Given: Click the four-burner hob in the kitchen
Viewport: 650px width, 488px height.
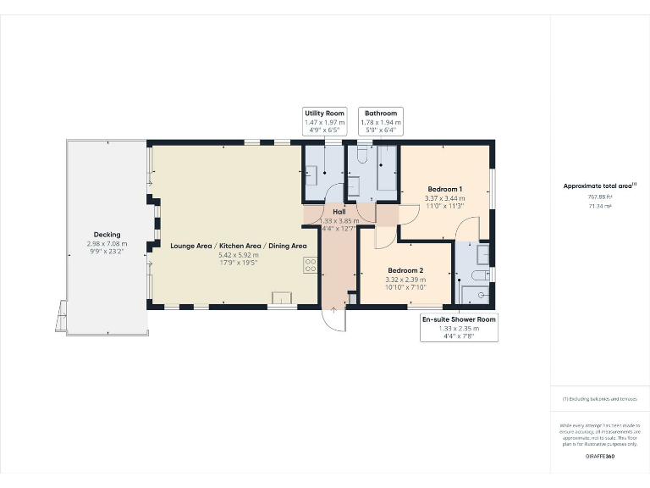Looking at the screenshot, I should pyautogui.click(x=310, y=266).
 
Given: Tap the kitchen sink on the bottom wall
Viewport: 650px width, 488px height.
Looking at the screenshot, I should pyautogui.click(x=280, y=297).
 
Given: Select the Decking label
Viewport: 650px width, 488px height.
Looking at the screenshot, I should pyautogui.click(x=107, y=235).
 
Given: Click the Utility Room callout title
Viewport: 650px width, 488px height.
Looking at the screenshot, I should pyautogui.click(x=324, y=113).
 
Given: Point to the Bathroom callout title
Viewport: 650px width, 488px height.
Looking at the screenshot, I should pyautogui.click(x=379, y=113).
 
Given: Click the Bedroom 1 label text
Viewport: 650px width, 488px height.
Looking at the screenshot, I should pyautogui.click(x=444, y=189).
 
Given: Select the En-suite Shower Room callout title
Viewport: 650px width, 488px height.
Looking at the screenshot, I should pyautogui.click(x=459, y=319).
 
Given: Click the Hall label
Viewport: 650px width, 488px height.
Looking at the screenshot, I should pyautogui.click(x=339, y=212).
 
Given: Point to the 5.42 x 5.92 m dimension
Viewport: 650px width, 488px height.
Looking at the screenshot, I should pyautogui.click(x=239, y=255).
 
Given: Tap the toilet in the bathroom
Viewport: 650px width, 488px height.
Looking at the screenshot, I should pyautogui.click(x=361, y=155).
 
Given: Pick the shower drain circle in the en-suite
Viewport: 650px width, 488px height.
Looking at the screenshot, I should pyautogui.click(x=482, y=295).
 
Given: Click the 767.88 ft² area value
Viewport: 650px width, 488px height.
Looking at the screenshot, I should pyautogui.click(x=600, y=197).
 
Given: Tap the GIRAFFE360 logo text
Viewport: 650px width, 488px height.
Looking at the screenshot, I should pyautogui.click(x=599, y=457).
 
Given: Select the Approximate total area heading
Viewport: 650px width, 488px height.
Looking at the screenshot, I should pyautogui.click(x=598, y=186).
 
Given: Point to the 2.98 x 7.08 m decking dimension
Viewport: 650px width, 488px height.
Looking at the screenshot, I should pyautogui.click(x=107, y=244).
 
